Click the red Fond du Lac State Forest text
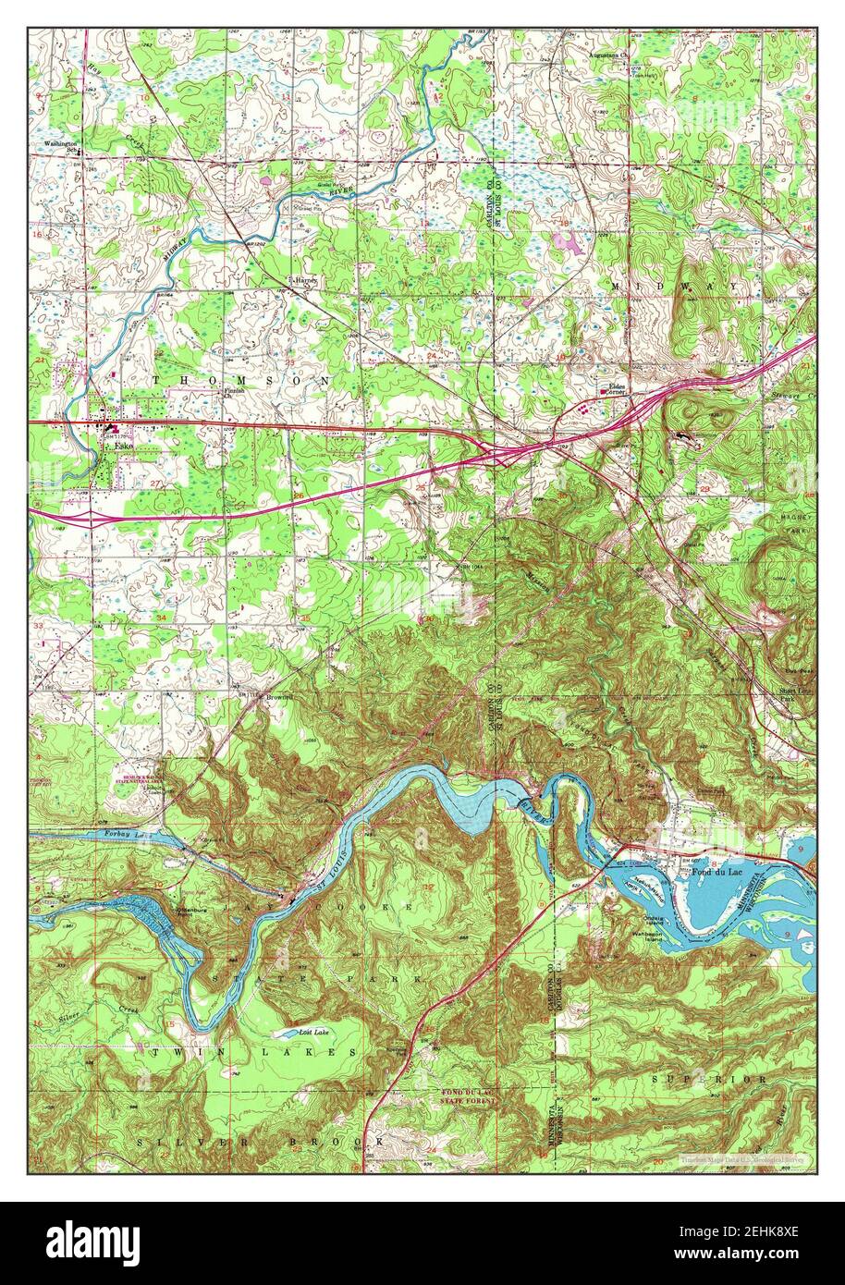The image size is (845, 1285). [470, 1096]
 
